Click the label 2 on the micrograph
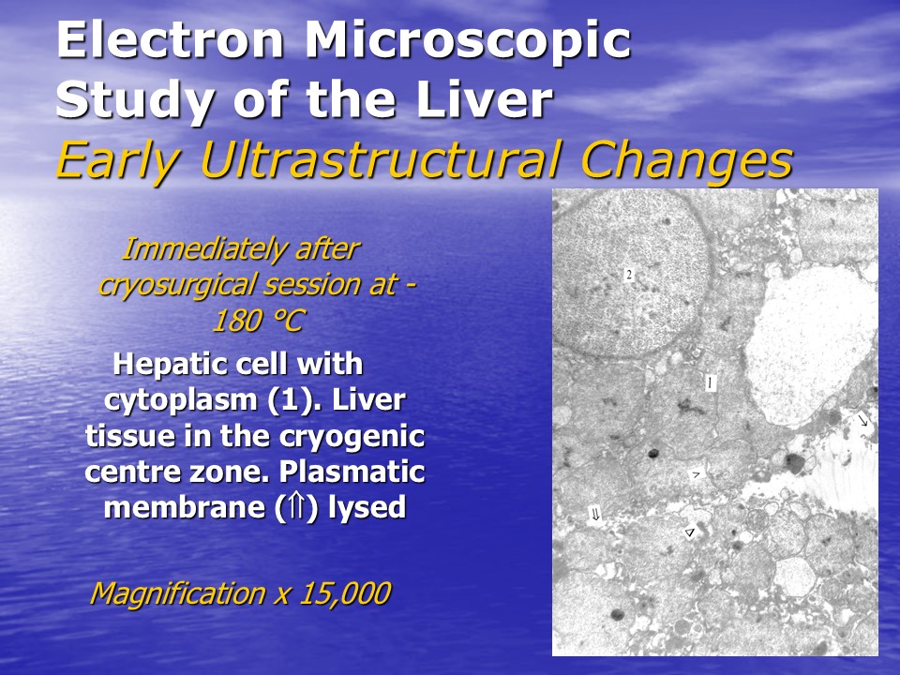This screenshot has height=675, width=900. click(x=629, y=275)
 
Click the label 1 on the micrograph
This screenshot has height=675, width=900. click(x=711, y=382)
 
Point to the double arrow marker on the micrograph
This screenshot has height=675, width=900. click(x=595, y=515)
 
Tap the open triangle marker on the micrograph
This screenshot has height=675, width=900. click(x=690, y=532)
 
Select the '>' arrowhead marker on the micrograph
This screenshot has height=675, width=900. click(x=697, y=474)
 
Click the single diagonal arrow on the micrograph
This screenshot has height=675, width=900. click(x=863, y=421)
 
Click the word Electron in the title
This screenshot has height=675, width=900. click(x=171, y=39)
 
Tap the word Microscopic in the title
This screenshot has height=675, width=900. click(x=468, y=41)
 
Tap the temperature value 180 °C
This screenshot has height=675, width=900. click(x=258, y=321)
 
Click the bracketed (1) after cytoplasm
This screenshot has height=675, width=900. click(x=291, y=400)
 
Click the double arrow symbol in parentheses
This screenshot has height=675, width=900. click(x=296, y=507)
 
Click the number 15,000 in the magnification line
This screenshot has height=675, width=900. click(x=344, y=592)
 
